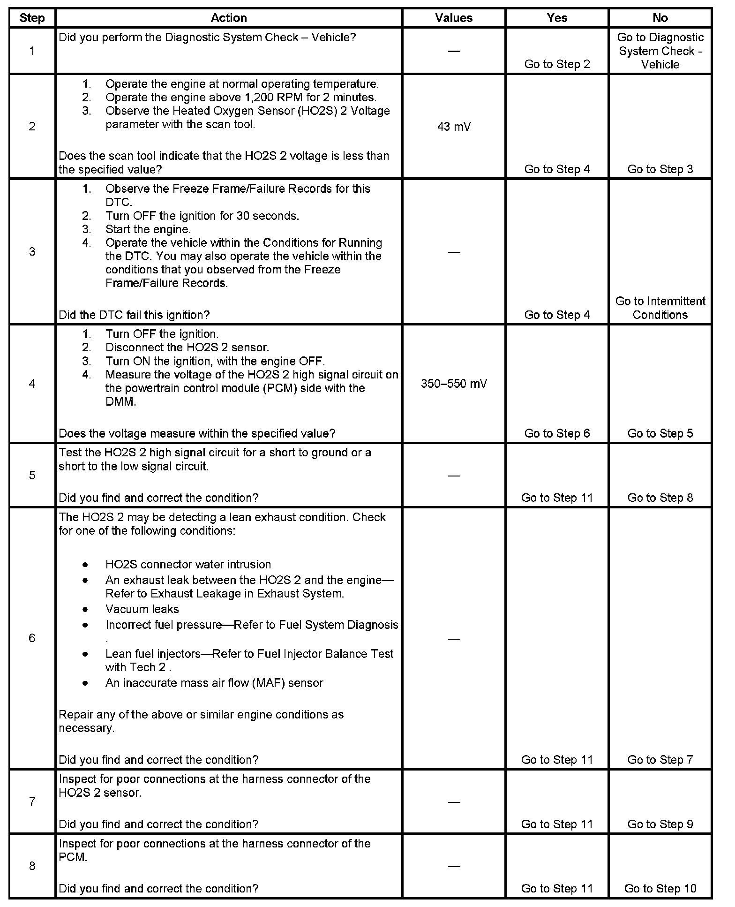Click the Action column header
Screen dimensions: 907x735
click(228, 18)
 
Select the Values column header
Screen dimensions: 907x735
click(453, 18)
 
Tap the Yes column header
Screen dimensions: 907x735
click(556, 18)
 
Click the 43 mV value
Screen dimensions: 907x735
click(453, 127)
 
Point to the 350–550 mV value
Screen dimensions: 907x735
click(453, 384)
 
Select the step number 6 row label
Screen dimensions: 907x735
click(32, 638)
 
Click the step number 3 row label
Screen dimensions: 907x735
click(32, 252)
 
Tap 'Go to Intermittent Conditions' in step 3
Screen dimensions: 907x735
click(660, 308)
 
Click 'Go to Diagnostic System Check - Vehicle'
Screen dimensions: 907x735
click(660, 51)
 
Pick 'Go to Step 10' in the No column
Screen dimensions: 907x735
click(660, 888)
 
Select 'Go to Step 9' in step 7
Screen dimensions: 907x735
click(660, 824)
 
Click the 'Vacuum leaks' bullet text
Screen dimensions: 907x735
click(142, 609)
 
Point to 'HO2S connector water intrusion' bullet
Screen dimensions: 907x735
click(188, 564)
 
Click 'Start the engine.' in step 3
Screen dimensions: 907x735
click(148, 229)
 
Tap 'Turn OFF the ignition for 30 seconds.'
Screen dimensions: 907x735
click(202, 216)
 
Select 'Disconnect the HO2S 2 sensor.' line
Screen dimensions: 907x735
click(187, 348)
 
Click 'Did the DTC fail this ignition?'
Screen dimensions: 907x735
click(134, 315)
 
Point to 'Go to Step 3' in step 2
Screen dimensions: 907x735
click(660, 169)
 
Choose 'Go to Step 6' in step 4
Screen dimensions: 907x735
click(556, 433)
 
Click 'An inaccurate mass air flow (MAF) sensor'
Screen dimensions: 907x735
click(214, 683)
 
